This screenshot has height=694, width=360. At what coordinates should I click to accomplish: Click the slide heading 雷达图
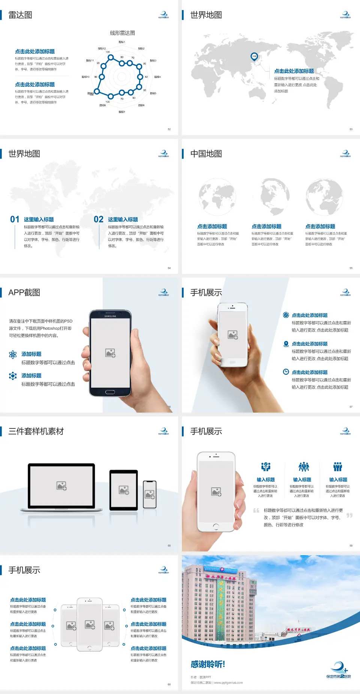(20, 15)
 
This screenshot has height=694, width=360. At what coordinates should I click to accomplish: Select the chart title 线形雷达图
(122, 33)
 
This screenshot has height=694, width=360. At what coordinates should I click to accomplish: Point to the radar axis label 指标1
(122, 42)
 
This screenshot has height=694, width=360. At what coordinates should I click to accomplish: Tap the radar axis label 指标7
(122, 112)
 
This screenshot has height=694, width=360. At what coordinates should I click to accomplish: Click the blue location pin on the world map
(254, 57)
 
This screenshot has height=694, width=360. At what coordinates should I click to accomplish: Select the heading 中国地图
(206, 154)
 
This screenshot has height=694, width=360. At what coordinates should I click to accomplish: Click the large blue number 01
(15, 219)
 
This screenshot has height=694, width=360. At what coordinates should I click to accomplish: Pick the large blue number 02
(99, 219)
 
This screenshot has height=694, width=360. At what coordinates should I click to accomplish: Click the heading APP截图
(24, 293)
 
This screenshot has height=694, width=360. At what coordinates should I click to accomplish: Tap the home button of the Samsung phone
(110, 392)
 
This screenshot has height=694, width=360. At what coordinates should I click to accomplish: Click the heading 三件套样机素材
(36, 431)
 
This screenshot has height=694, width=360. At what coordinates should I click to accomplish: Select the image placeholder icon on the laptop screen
(61, 486)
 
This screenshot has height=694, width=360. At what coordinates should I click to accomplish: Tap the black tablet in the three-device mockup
(124, 490)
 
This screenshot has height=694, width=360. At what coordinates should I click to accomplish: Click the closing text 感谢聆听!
(208, 664)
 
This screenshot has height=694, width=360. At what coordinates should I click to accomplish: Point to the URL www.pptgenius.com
(228, 683)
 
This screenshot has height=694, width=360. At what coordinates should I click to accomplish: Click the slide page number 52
(169, 129)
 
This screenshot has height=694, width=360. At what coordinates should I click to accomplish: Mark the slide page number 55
(351, 268)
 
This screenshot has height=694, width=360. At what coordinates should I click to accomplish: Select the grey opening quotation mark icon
(256, 510)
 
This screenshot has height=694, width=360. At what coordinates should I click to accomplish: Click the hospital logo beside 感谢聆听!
(339, 670)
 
